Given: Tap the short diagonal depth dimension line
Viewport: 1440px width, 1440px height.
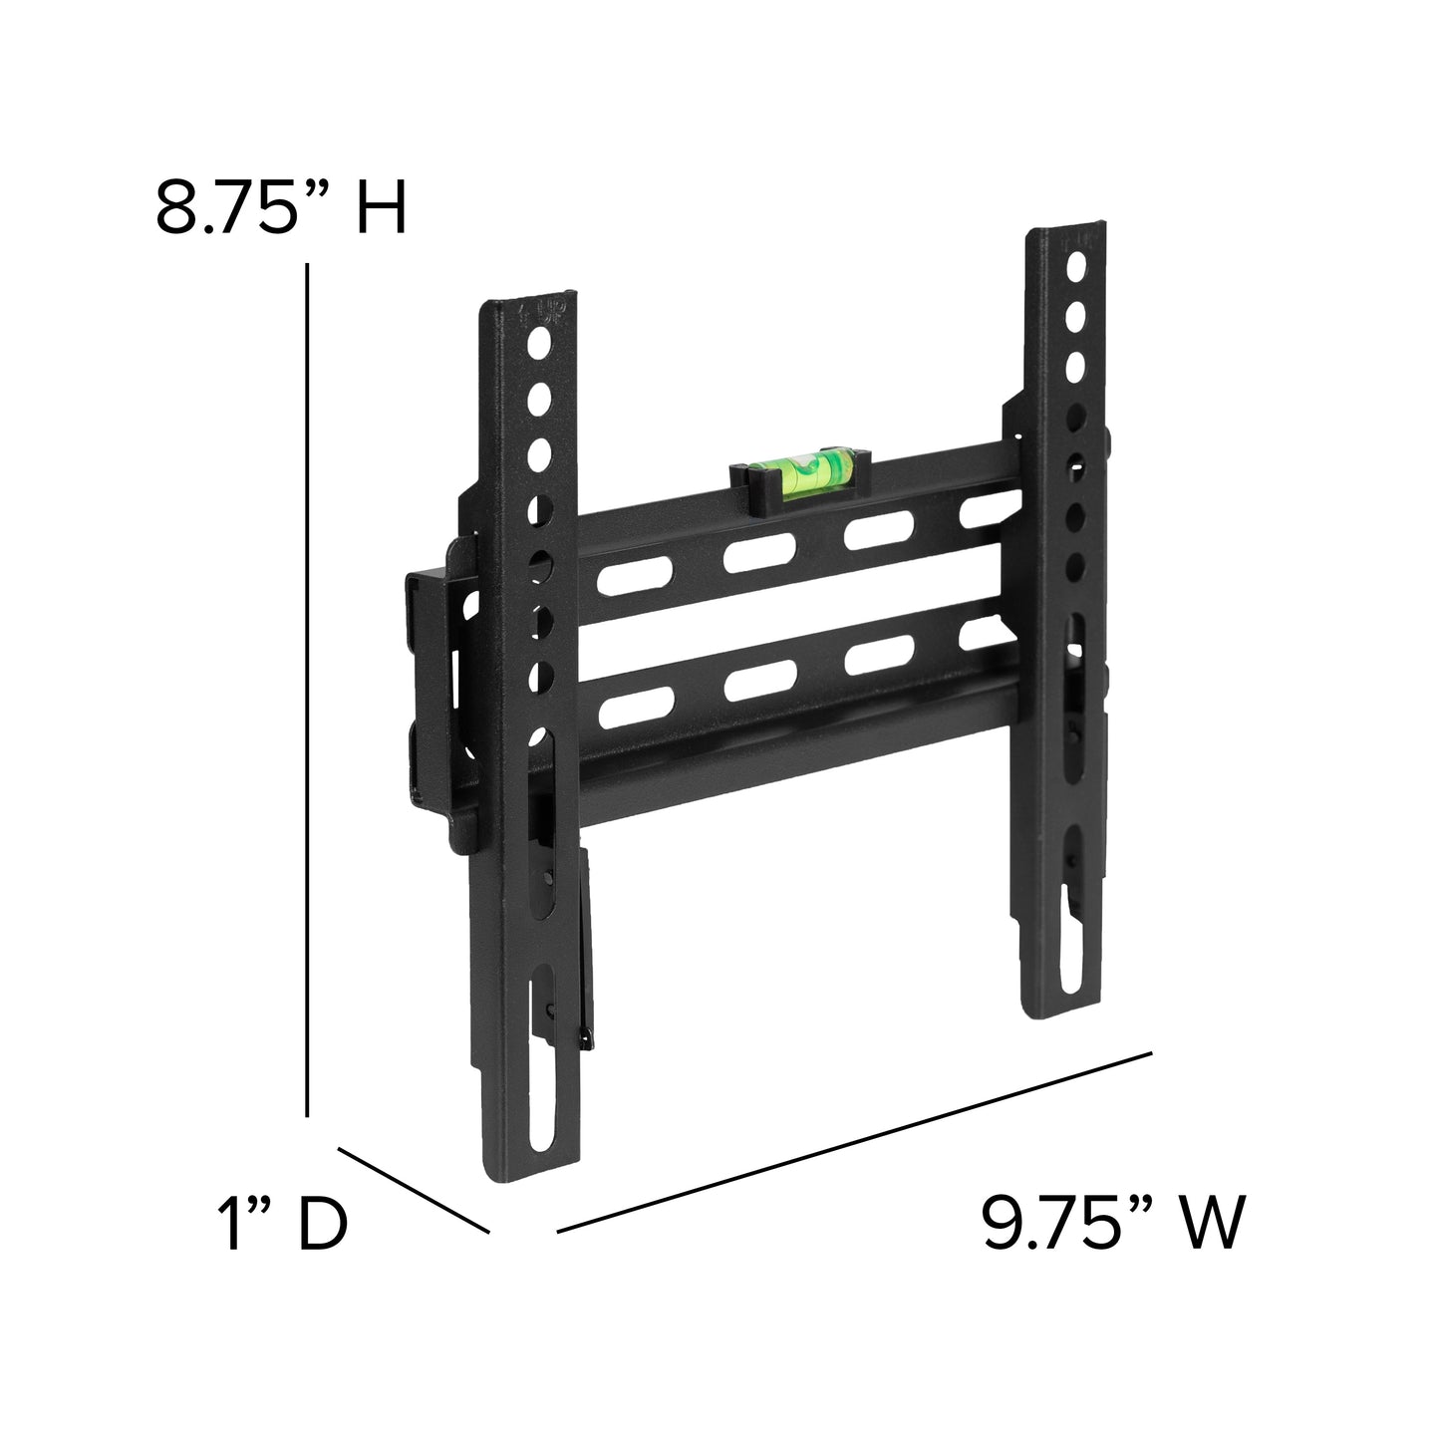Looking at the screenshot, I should point(414,1190).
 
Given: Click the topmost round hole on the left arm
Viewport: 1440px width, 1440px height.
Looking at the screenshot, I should point(539,345).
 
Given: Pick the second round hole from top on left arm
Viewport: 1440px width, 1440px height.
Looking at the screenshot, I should point(539,400).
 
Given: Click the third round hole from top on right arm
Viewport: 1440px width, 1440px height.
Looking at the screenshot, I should point(1074,367).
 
